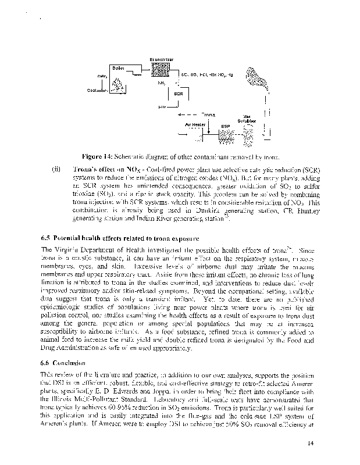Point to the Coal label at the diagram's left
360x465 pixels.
pyautogui.click(x=92, y=91)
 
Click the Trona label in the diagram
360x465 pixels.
pyautogui.click(x=208, y=114)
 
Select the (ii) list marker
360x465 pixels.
pyautogui.click(x=56, y=169)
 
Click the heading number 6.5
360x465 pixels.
pyautogui.click(x=46, y=238)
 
